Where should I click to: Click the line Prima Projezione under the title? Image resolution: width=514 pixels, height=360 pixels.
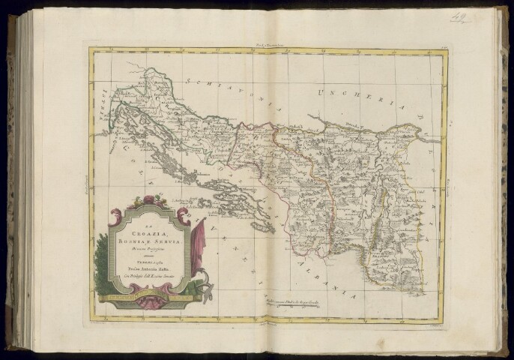click(145, 249)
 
